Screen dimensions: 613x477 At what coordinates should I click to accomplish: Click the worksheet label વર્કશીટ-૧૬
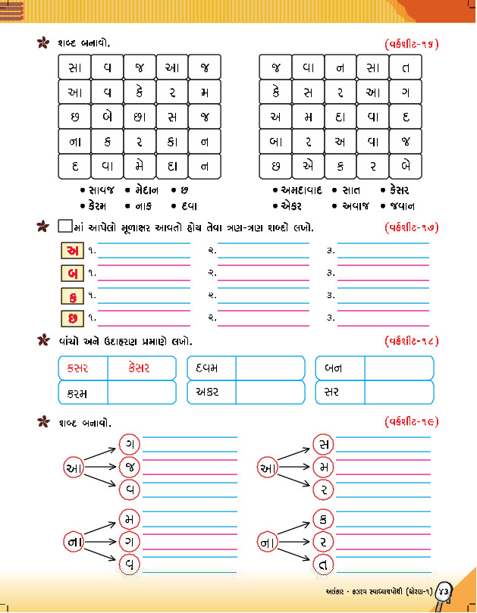(x=411, y=44)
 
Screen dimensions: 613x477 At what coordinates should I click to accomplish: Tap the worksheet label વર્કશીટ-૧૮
(x=411, y=341)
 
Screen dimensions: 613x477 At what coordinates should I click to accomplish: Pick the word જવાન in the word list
(x=399, y=205)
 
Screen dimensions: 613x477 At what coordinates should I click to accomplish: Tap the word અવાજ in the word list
(x=353, y=205)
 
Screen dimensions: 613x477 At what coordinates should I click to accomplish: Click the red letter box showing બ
(x=71, y=273)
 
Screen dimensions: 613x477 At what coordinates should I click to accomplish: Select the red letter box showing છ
(x=71, y=317)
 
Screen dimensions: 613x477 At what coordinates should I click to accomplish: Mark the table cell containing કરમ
(x=82, y=393)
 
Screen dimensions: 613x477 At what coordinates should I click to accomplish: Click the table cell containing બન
(x=339, y=368)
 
